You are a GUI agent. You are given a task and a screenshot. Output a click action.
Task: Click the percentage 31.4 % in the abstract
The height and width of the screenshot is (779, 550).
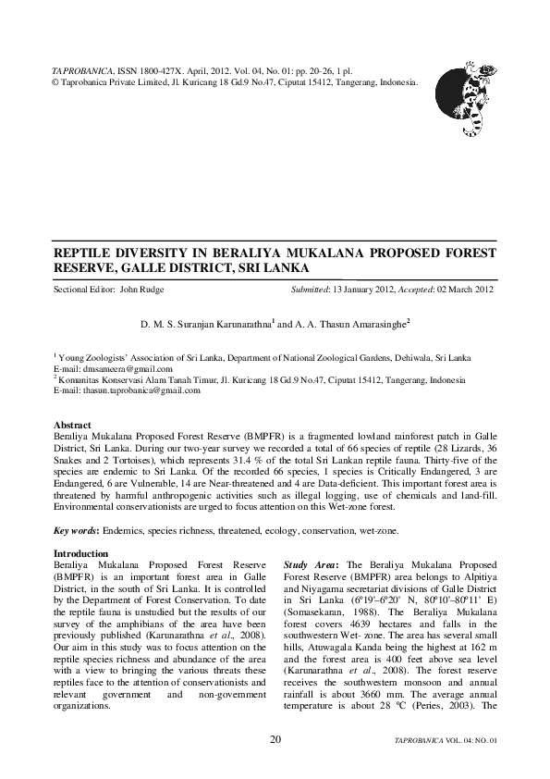[x=317, y=445]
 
